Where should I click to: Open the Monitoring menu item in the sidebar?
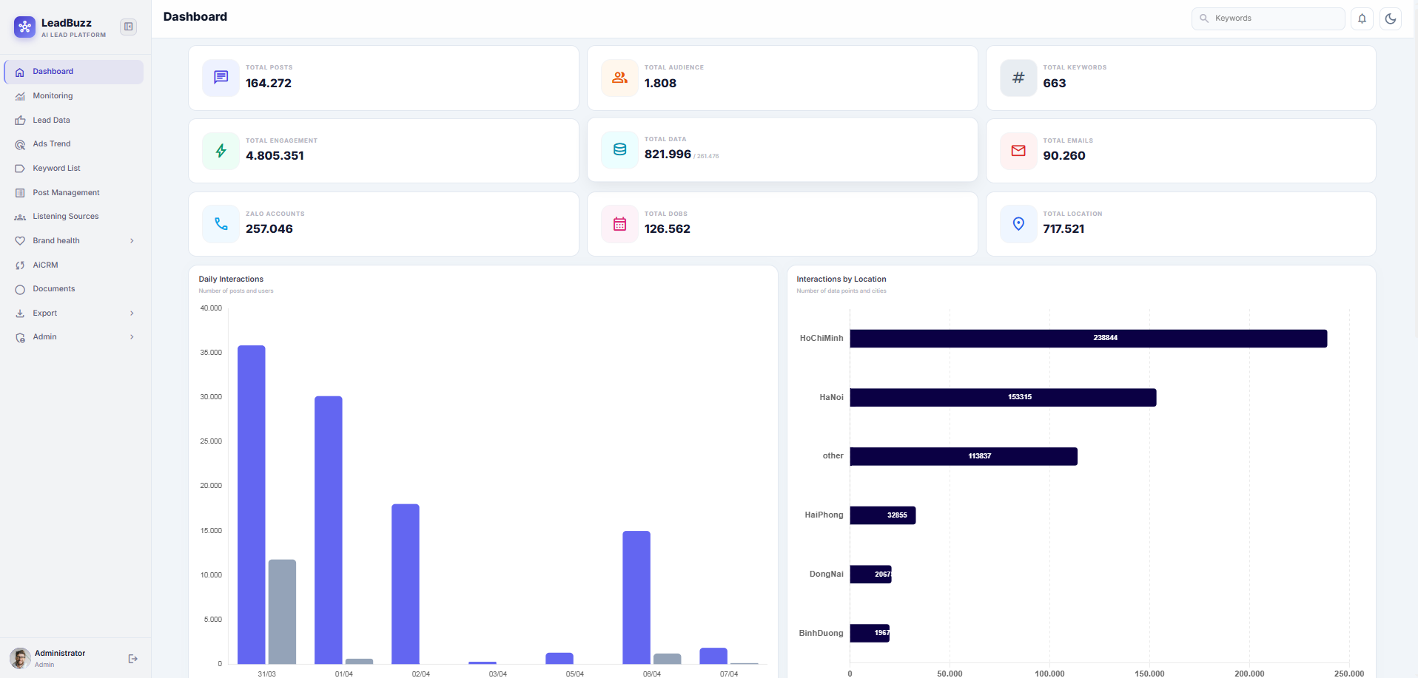click(x=53, y=96)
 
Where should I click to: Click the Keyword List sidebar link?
click(x=56, y=169)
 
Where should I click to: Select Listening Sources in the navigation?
click(x=65, y=217)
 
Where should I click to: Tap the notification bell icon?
click(x=1362, y=18)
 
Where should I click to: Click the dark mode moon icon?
click(x=1391, y=18)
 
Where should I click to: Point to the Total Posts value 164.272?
click(x=269, y=84)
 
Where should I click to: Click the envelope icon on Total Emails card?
click(x=1018, y=151)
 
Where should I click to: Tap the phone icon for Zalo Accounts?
click(x=221, y=224)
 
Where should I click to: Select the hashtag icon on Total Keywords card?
click(x=1018, y=78)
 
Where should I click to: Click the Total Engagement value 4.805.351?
click(x=275, y=156)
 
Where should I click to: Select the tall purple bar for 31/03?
click(x=252, y=504)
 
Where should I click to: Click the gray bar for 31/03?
click(x=282, y=611)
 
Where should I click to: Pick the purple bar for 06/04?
click(x=636, y=597)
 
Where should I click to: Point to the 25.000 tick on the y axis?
click(x=211, y=441)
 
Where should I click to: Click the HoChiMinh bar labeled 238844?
click(x=1088, y=339)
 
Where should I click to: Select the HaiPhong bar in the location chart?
click(x=882, y=515)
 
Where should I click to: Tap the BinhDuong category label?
click(x=821, y=634)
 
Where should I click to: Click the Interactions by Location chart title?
click(x=841, y=279)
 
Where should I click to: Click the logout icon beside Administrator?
click(x=133, y=659)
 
